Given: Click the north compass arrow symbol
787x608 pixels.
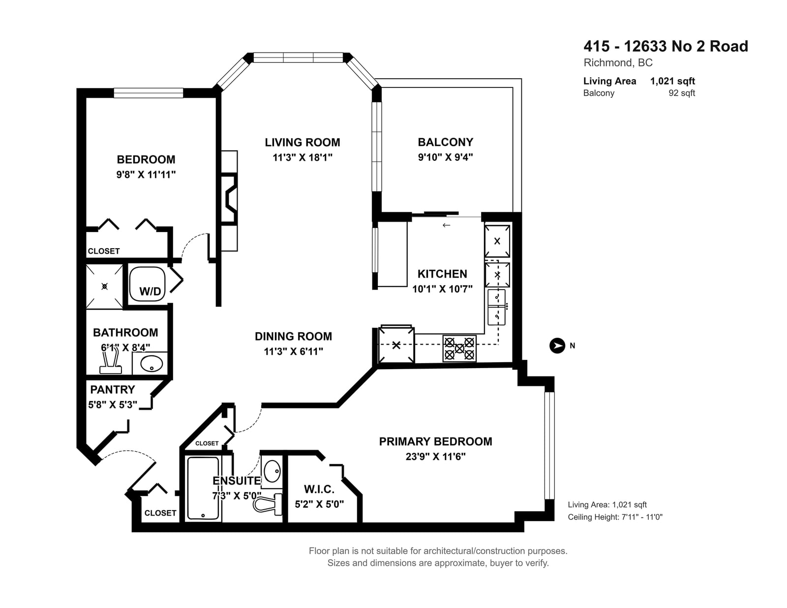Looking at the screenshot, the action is (557, 346).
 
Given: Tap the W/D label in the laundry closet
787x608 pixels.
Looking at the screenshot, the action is (151, 291).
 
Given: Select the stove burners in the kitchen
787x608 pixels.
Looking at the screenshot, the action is (459, 348).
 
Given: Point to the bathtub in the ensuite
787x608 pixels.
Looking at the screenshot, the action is (203, 488).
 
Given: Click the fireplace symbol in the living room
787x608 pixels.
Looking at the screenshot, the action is (230, 199).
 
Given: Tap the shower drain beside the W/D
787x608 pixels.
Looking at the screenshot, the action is (105, 287).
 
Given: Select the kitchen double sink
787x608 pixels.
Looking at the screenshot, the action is (496, 307).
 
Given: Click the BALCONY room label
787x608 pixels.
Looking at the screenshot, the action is (446, 142).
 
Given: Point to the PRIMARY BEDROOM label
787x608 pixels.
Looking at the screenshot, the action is (435, 441).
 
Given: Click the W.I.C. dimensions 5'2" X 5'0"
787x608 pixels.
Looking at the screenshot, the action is (319, 504).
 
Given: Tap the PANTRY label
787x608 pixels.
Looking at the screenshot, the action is (112, 389).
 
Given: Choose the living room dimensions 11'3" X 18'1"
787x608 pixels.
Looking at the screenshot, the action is (303, 157).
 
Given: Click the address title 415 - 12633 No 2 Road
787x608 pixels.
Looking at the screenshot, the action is (666, 46).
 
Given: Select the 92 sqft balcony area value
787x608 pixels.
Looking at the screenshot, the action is (682, 93).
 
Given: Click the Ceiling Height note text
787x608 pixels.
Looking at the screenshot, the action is (615, 517).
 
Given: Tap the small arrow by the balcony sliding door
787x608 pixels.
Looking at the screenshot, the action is (446, 225).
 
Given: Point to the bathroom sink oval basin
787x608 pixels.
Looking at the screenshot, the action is (151, 363).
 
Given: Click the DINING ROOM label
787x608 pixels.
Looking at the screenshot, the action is (293, 337).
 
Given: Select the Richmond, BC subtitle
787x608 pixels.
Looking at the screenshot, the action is (618, 63).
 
